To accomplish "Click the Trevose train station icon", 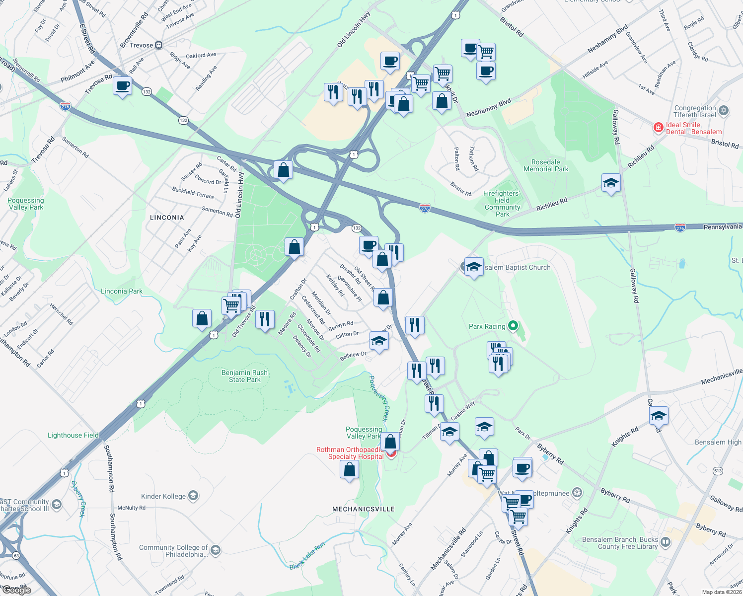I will point(159,45).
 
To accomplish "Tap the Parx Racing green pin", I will point(514,326).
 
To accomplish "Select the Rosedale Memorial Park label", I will point(546,165).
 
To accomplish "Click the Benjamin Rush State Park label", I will point(244,376).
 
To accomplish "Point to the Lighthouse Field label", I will point(73,435).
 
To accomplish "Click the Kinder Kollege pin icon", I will point(193,496).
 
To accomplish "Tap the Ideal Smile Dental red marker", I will point(659,128).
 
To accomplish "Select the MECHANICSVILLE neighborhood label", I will point(364,509).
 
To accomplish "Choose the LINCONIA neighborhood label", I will point(167,218).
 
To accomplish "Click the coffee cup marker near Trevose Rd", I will point(122,86).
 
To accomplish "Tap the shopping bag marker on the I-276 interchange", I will point(283,170).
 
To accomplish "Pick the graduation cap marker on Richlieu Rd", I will point(611,183).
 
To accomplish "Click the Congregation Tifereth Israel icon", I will point(724,111).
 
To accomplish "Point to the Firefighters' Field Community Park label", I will point(502,204).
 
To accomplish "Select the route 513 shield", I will point(718,471).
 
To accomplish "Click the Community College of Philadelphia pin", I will point(215,550).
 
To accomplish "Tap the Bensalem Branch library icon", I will point(666,542).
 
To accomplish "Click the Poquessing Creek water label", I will point(379,398).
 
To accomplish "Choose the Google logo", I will point(17,590).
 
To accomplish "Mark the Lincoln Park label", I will point(122,291).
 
